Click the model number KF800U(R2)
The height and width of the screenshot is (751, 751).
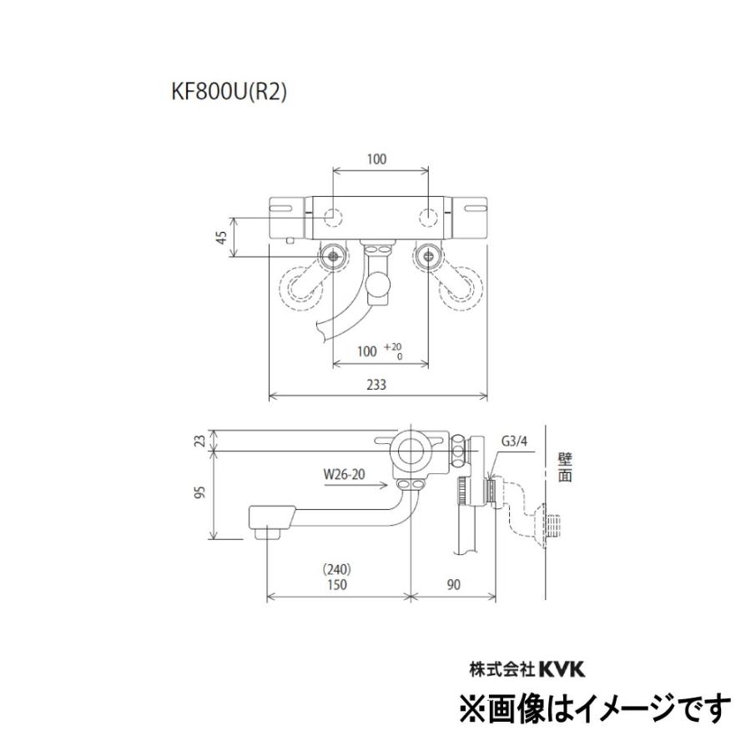228,93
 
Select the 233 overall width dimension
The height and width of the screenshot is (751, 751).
377,386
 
